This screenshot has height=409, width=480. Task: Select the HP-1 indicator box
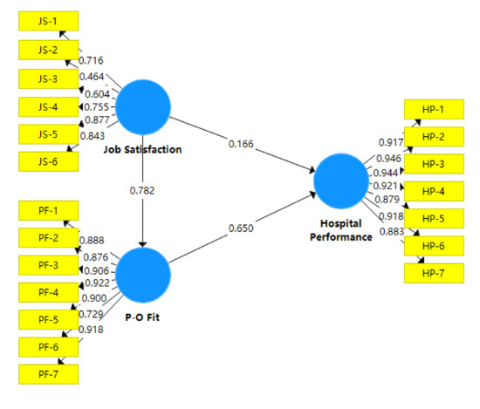434,110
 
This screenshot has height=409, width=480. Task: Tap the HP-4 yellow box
434,191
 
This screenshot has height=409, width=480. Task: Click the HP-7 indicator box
434,272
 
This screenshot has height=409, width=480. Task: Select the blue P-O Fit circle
143,273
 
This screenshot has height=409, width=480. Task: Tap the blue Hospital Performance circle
341,181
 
